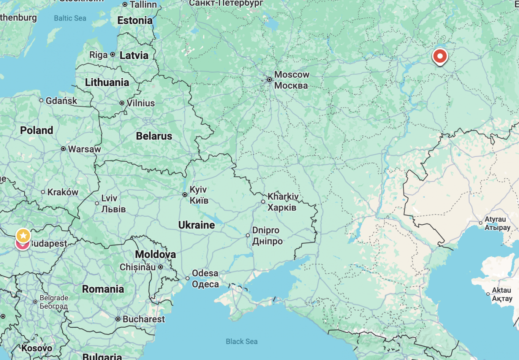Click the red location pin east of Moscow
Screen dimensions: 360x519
(440, 57)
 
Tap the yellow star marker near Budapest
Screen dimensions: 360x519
(23, 236)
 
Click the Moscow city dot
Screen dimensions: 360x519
(269, 80)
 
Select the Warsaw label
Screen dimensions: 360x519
(84, 149)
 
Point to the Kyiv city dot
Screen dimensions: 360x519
(185, 195)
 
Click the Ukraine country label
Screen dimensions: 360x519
(196, 225)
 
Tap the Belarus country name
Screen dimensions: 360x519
(154, 136)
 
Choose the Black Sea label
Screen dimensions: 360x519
(242, 341)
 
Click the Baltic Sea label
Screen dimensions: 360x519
(70, 18)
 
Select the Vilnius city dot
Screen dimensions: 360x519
(122, 103)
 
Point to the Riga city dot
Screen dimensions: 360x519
(112, 55)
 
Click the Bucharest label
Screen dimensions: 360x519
(144, 319)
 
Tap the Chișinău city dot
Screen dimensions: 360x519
(161, 267)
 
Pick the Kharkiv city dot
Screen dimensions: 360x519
(263, 202)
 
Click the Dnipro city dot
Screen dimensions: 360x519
(248, 235)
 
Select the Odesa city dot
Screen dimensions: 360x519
(187, 278)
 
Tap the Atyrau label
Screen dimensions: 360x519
(495, 219)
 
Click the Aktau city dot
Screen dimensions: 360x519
(488, 294)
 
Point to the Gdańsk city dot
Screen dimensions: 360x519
(41, 100)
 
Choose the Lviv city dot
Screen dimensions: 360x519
(97, 203)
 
